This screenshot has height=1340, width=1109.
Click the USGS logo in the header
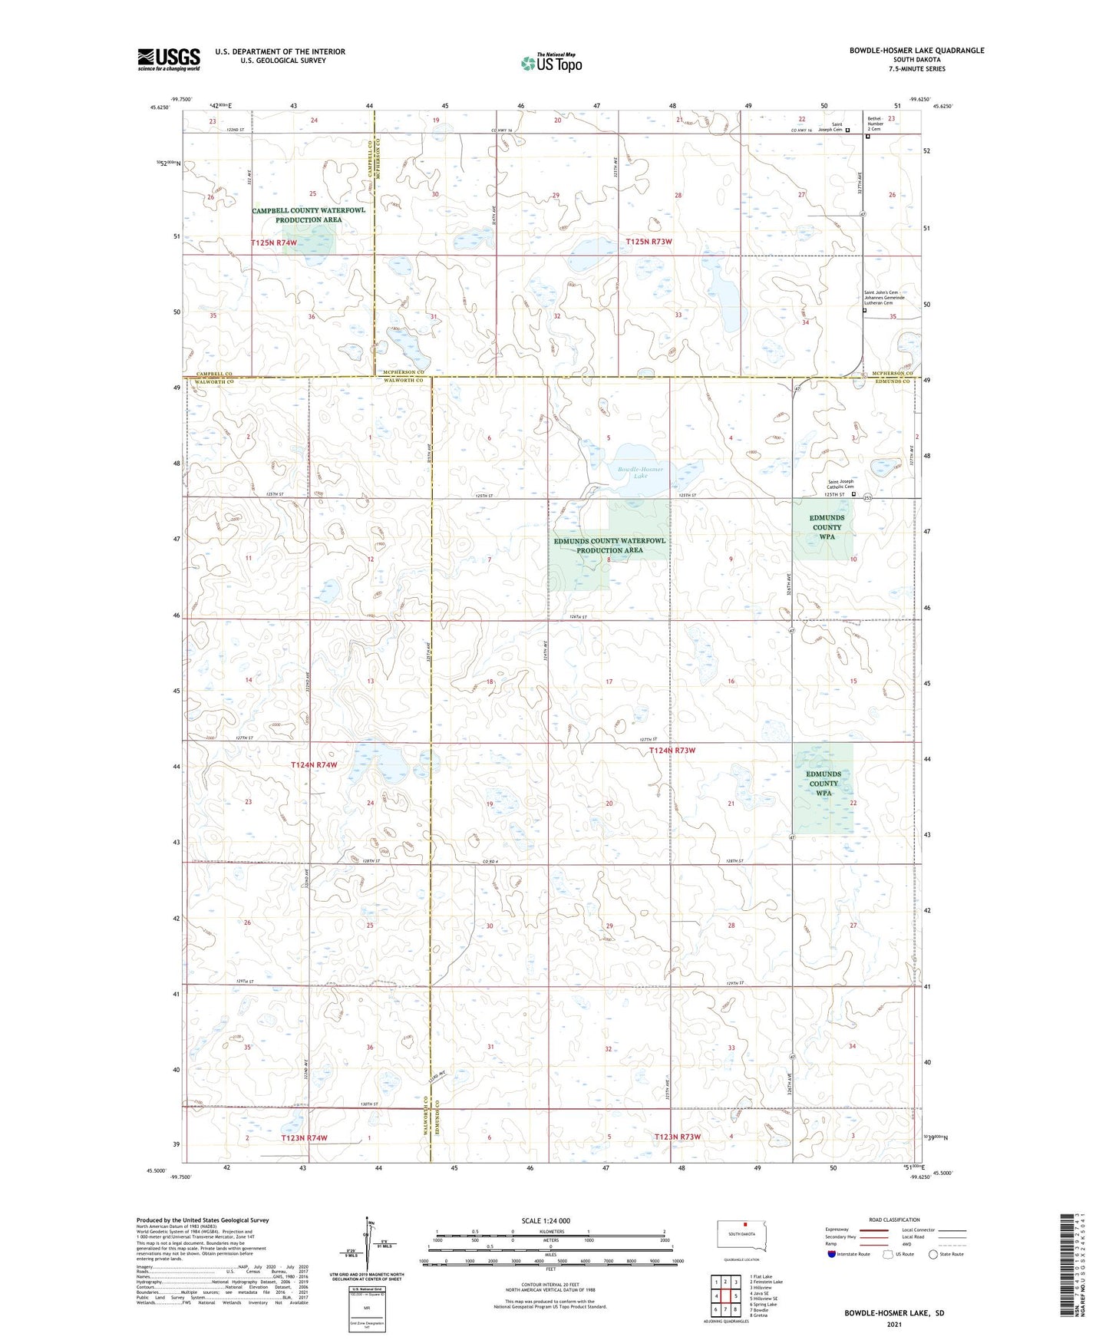[x=168, y=59]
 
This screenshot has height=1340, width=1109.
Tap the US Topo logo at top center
[x=551, y=63]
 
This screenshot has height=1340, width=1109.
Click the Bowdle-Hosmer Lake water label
[x=640, y=472]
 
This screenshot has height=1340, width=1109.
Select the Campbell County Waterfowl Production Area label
[x=309, y=215]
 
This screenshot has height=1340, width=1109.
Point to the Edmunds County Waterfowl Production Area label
[x=609, y=545]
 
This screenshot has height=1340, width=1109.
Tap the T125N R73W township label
[x=649, y=242]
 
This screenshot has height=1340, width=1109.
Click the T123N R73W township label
[x=677, y=1137]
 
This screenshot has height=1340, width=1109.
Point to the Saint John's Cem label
[x=881, y=292]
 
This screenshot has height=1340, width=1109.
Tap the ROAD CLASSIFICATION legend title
[x=894, y=1220]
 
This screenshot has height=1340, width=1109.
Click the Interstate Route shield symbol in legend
[x=832, y=1254]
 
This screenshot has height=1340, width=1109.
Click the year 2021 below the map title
[x=894, y=1324]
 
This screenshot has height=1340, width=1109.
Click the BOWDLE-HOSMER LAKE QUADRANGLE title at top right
[x=916, y=51]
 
